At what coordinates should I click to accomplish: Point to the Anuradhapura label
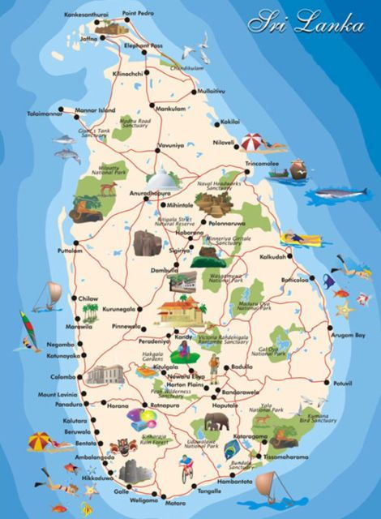(x=131, y=195)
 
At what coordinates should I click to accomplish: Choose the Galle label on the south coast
(x=122, y=491)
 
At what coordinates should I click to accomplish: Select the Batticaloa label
(x=296, y=280)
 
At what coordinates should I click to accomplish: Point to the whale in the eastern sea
(x=340, y=193)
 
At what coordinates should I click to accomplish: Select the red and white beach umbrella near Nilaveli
(x=252, y=142)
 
